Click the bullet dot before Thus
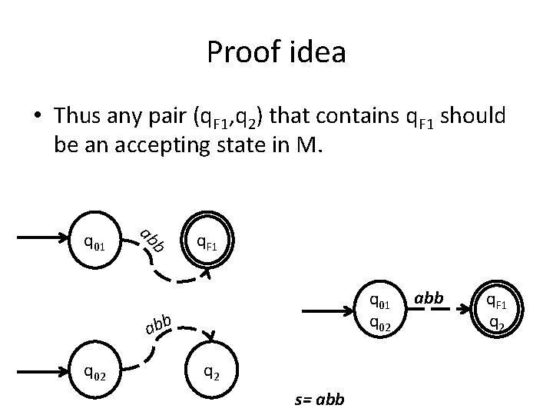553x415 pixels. pos(37,118)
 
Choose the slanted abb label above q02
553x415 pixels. pos(157,326)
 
